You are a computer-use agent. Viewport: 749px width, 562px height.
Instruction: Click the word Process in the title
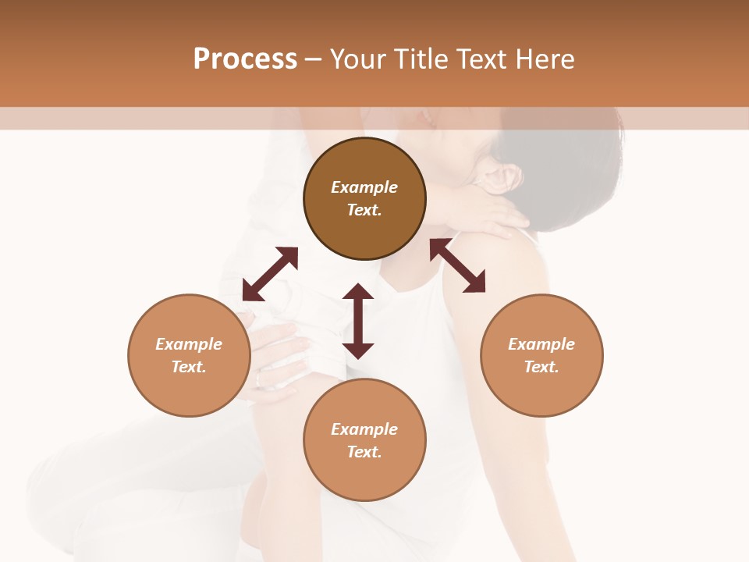245,59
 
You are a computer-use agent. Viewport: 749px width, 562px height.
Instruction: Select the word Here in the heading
544,59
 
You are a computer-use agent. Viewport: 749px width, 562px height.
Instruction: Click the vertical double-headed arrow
358,321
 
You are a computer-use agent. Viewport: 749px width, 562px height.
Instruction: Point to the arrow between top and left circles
270,273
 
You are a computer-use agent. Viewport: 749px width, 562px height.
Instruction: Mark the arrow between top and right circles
457,265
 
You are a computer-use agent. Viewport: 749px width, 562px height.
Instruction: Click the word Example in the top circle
364,187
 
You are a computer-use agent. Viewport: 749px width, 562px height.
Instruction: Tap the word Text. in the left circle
189,367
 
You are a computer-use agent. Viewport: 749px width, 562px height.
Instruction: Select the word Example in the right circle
541,344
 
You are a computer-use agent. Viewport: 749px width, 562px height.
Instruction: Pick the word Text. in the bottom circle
364,452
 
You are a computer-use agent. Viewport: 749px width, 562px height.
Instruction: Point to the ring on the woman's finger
259,380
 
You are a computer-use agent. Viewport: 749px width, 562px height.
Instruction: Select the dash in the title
313,60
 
